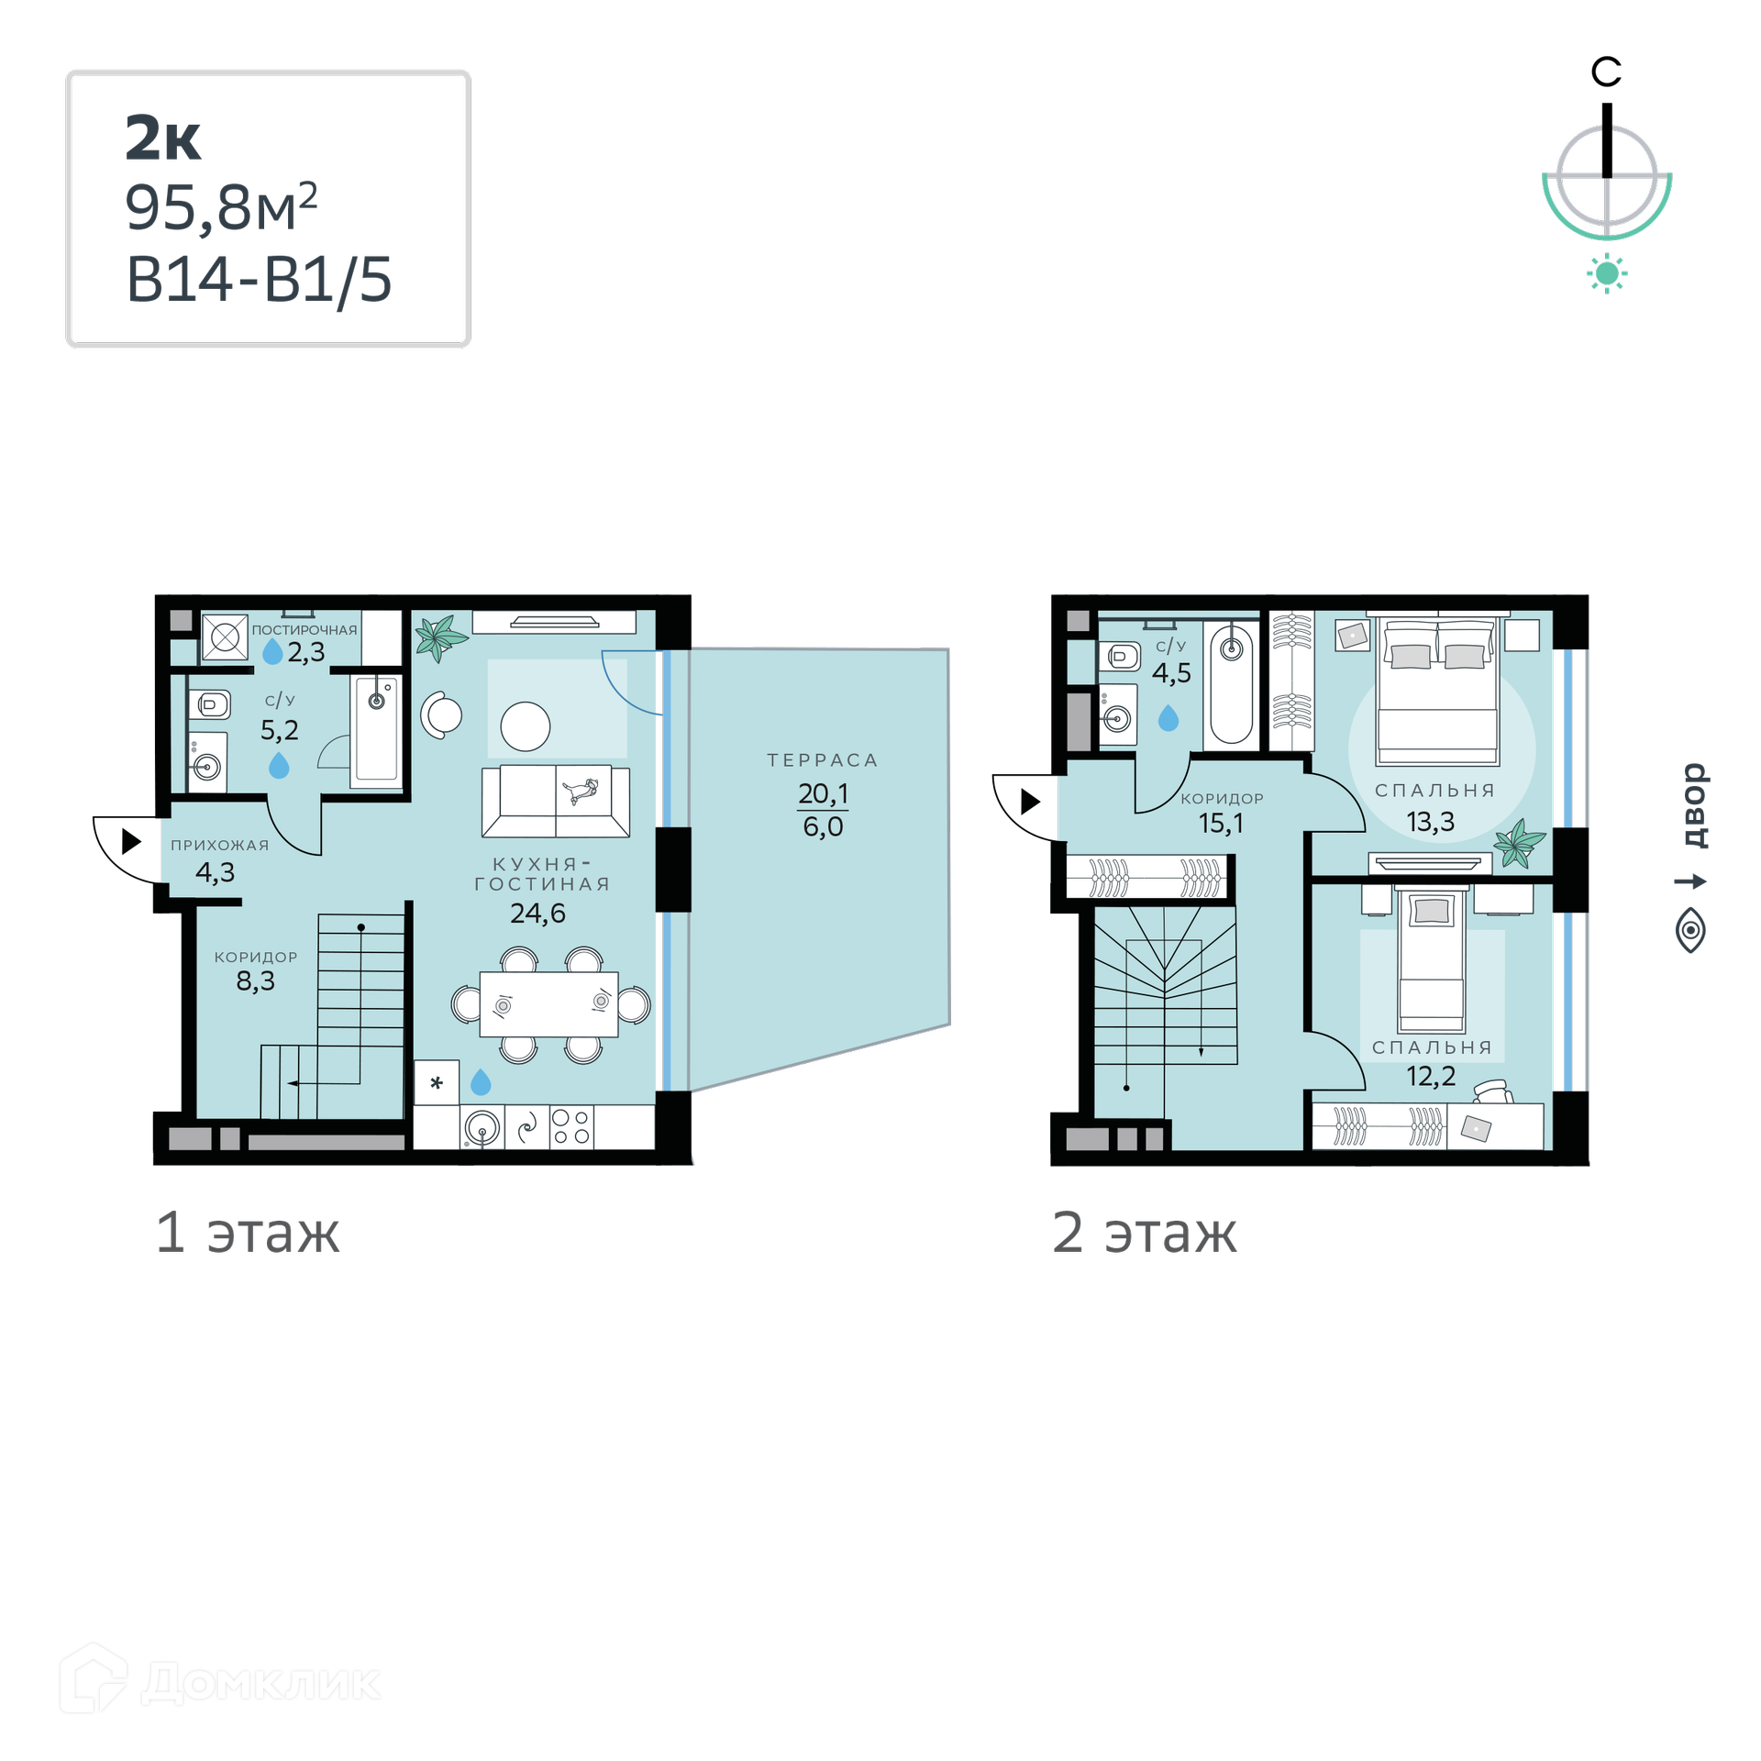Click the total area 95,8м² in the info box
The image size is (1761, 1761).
(x=221, y=206)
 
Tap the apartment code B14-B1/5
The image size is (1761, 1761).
(x=259, y=280)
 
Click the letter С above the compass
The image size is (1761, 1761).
(x=1606, y=72)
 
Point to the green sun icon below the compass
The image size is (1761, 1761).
(x=1607, y=273)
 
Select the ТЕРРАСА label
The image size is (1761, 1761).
(x=823, y=760)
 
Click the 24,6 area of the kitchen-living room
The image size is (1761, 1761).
(x=537, y=914)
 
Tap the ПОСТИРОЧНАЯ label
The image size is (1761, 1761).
(x=305, y=630)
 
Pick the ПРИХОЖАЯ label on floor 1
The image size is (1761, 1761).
(x=220, y=846)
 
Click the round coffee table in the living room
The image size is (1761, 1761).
(x=526, y=726)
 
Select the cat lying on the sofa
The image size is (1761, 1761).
(x=581, y=790)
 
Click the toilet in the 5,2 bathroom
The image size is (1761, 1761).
(x=210, y=705)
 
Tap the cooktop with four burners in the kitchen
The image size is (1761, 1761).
(x=571, y=1127)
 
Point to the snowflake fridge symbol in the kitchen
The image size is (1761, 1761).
(x=437, y=1083)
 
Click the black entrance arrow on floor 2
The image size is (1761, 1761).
(x=1031, y=802)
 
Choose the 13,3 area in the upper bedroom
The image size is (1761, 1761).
(x=1431, y=822)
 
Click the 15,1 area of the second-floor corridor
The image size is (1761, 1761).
(x=1222, y=824)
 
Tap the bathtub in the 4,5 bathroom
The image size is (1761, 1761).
(x=1232, y=683)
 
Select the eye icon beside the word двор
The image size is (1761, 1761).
(x=1690, y=931)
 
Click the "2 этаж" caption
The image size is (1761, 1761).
(x=1145, y=1232)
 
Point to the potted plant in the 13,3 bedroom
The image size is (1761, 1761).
(x=1519, y=842)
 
